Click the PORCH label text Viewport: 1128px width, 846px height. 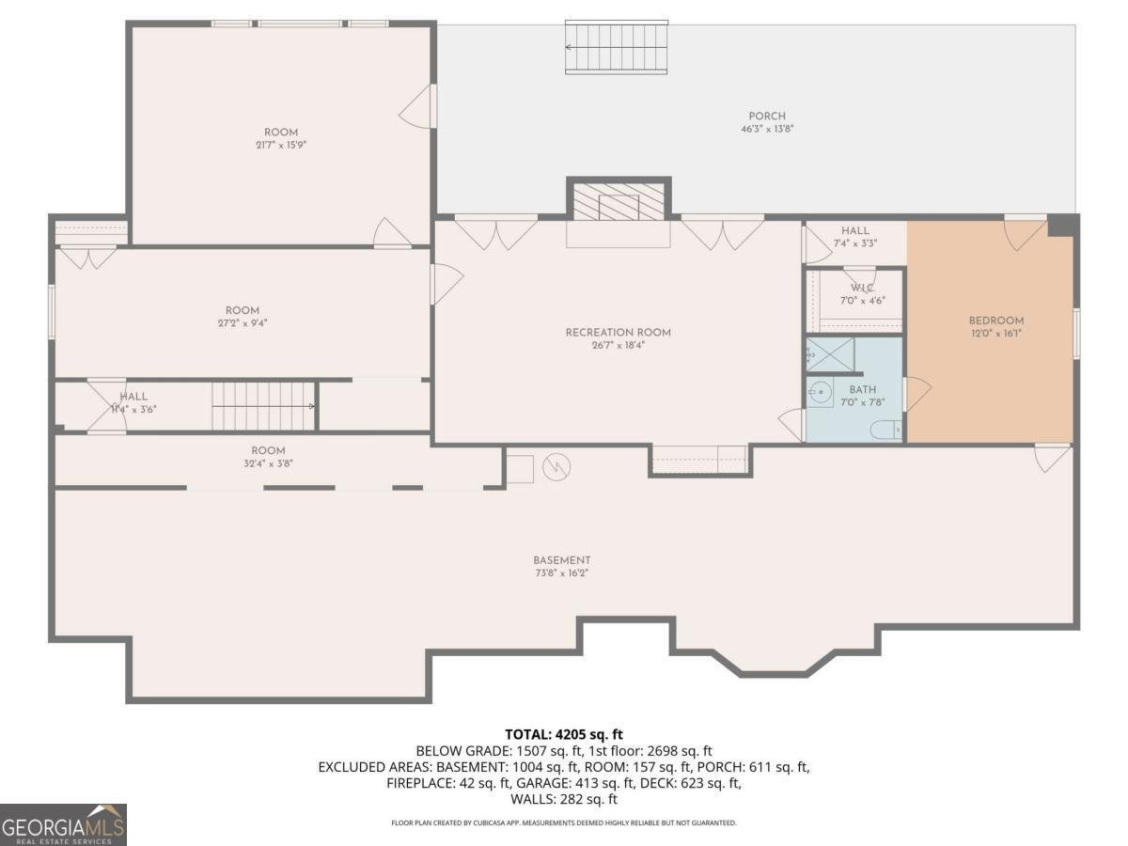(x=767, y=117)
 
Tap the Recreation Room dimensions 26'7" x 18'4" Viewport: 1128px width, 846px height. (x=618, y=345)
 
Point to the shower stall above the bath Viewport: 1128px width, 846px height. (x=830, y=353)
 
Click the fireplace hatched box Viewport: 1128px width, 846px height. (x=619, y=200)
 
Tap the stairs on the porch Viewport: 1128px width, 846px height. (x=616, y=47)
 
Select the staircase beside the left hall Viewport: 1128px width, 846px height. (x=262, y=405)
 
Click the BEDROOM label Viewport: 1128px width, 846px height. (x=996, y=321)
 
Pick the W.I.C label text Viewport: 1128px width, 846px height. (x=862, y=288)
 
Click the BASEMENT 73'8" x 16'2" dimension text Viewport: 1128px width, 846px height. (x=562, y=572)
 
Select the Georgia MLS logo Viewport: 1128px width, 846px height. (x=63, y=824)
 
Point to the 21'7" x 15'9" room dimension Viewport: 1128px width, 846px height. (x=280, y=146)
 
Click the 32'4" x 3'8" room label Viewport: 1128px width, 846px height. (x=268, y=463)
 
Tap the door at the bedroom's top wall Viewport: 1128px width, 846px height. (x=1024, y=232)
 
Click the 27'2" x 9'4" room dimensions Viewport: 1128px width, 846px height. (x=242, y=323)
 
